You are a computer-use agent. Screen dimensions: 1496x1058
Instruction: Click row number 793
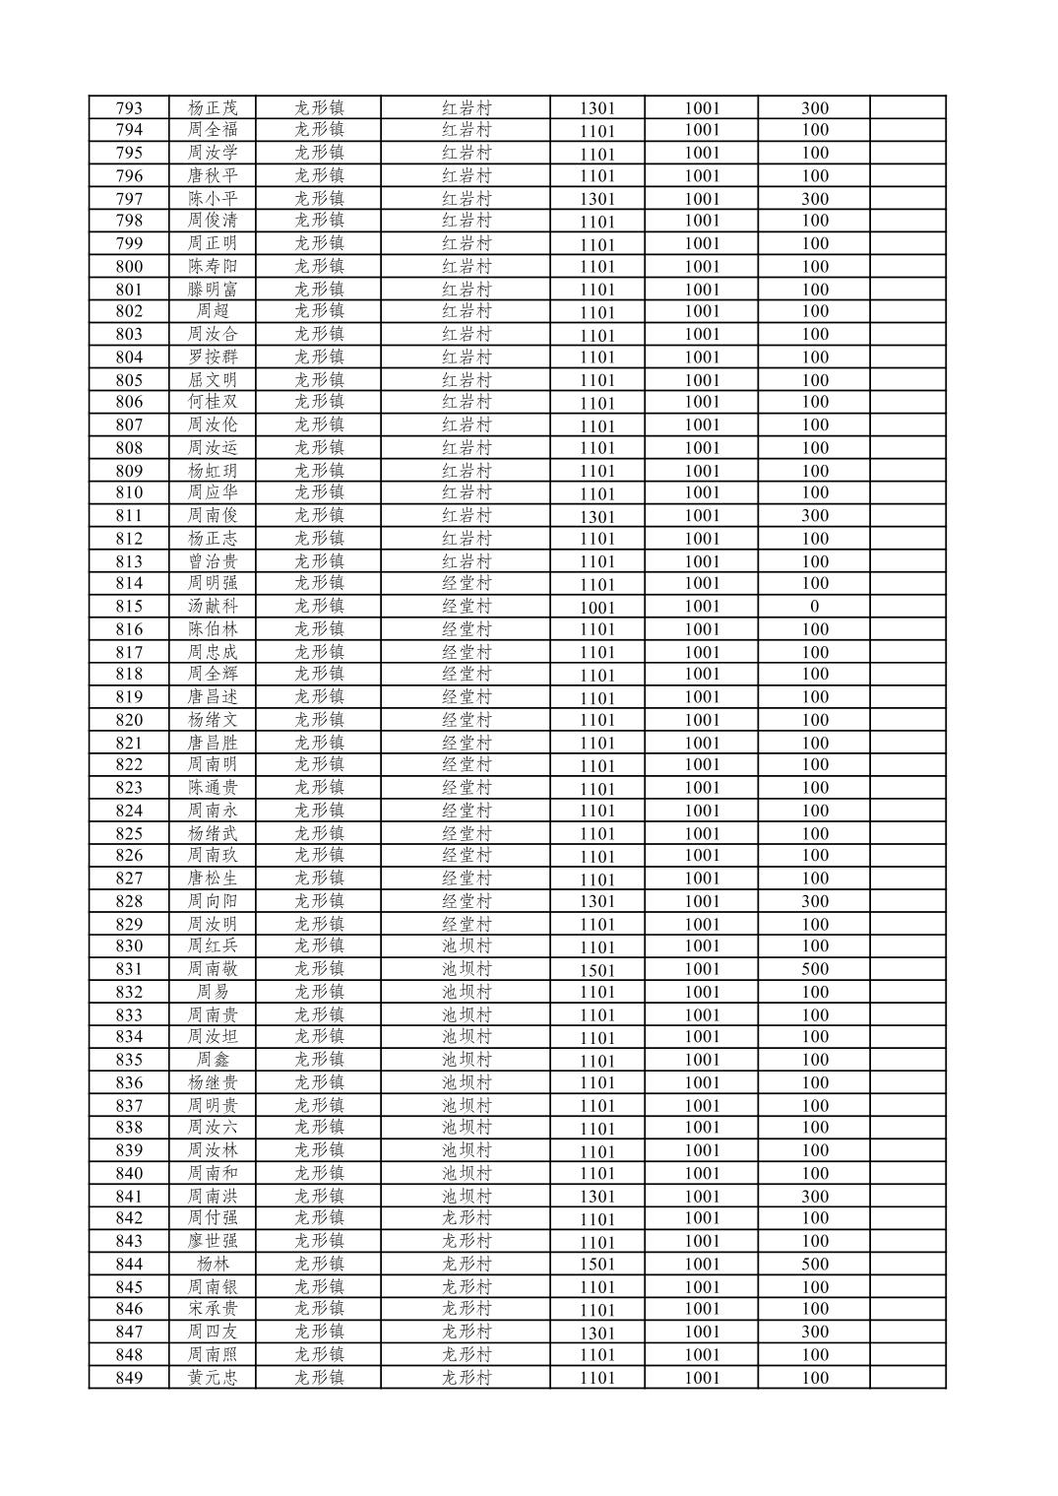click(129, 108)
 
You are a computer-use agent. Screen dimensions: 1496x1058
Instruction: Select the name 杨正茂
click(213, 108)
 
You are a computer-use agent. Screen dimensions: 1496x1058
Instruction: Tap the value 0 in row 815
click(814, 607)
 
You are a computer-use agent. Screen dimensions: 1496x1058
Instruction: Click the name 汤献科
click(213, 607)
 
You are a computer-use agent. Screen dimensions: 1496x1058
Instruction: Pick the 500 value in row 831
click(814, 969)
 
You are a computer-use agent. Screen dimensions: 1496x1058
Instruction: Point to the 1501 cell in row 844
click(596, 1265)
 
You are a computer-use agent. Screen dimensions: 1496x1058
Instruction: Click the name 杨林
click(213, 1265)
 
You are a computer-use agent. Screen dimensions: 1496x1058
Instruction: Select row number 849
click(129, 1378)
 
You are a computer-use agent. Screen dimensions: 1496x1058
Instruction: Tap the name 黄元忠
click(213, 1378)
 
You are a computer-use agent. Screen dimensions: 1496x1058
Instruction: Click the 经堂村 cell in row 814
click(466, 583)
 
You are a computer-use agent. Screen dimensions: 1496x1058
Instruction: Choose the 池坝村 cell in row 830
click(466, 946)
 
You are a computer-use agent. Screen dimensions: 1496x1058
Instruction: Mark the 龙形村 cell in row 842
click(466, 1218)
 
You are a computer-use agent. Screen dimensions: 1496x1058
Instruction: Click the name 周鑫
click(213, 1060)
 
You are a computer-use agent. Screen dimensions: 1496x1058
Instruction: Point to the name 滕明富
click(213, 290)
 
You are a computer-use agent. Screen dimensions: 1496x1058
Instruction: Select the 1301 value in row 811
click(596, 516)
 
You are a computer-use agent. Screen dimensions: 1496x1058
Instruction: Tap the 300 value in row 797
click(814, 198)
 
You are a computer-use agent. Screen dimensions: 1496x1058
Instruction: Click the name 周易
click(213, 992)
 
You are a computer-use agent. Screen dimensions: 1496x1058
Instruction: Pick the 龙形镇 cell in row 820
click(319, 720)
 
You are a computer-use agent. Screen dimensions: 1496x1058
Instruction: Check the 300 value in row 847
click(814, 1332)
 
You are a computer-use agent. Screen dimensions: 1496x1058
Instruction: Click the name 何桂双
click(213, 402)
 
